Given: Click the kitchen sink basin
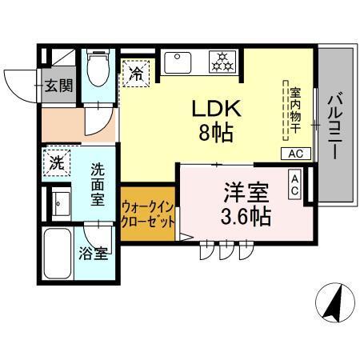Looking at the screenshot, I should click(176, 61).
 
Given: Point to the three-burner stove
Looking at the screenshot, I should click(221, 61).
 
